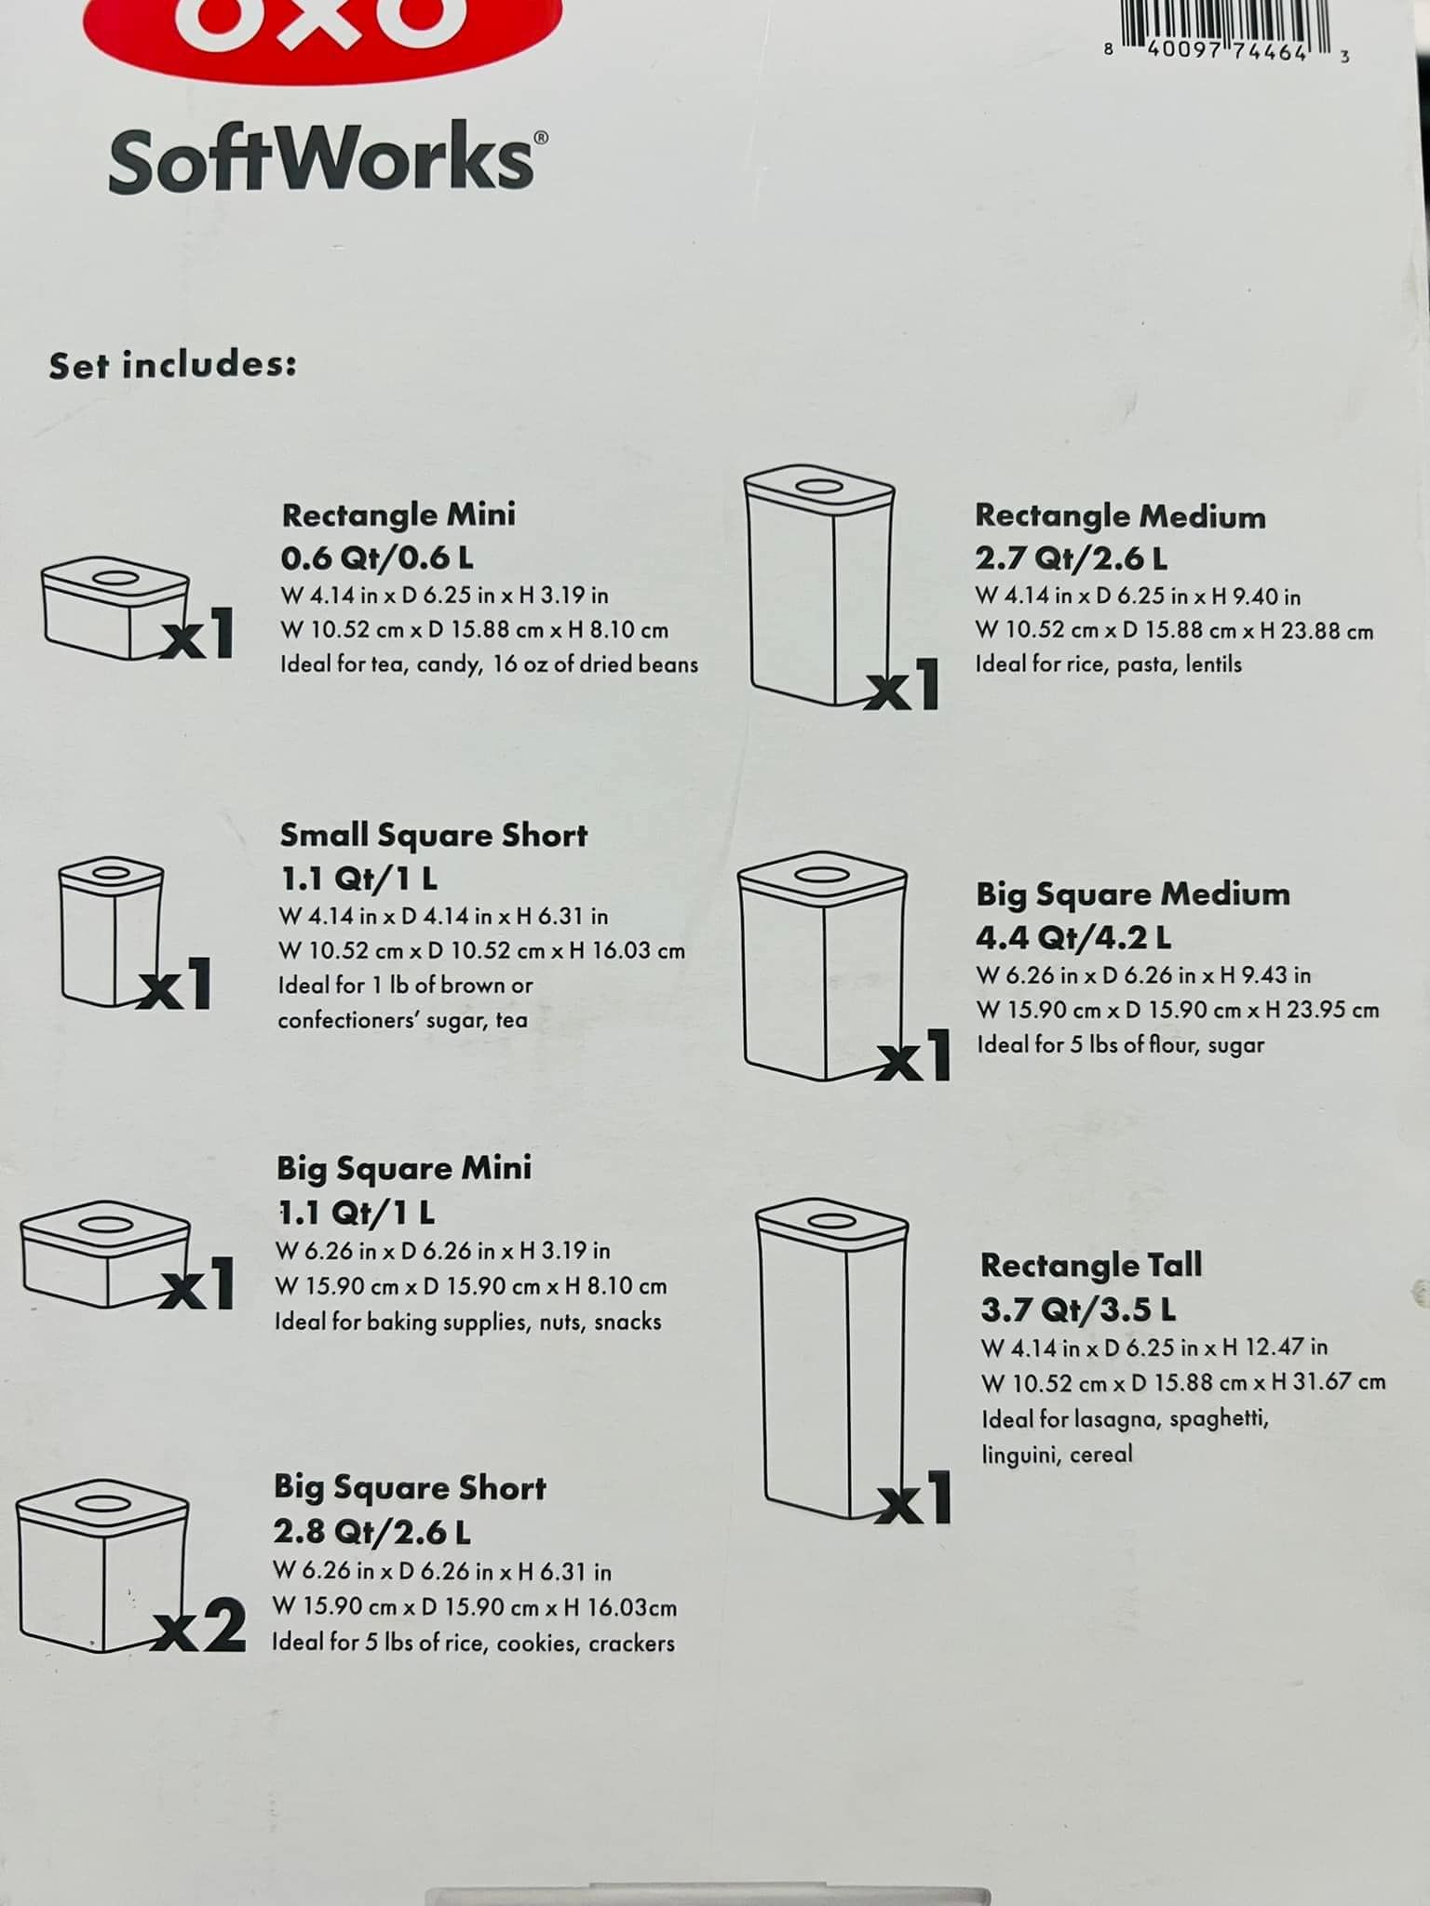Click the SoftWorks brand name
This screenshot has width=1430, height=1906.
(x=322, y=160)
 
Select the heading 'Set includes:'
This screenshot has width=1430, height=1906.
(x=173, y=365)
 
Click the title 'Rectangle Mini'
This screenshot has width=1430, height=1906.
(x=398, y=515)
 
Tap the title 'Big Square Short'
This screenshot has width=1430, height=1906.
(x=410, y=1488)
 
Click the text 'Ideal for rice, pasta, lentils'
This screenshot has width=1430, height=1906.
(x=1108, y=664)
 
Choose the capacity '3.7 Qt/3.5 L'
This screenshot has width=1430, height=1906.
(x=1077, y=1309)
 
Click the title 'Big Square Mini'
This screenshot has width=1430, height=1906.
(x=403, y=1168)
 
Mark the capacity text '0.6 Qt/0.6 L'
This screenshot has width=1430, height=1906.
(x=377, y=558)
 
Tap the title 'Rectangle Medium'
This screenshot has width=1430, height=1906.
(x=1120, y=516)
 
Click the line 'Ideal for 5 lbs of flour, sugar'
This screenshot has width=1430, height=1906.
(x=1120, y=1045)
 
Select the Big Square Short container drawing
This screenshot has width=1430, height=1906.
(x=101, y=1568)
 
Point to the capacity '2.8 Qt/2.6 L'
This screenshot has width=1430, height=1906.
(x=371, y=1532)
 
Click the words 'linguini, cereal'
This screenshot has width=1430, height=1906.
(x=1057, y=1455)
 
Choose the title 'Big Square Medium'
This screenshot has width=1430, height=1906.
(x=1132, y=894)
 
